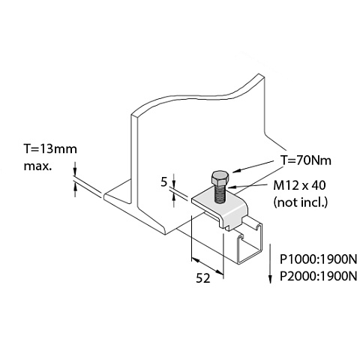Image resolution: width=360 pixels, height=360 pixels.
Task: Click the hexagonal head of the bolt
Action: (220, 178)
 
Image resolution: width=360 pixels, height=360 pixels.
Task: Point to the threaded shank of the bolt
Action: (220, 194)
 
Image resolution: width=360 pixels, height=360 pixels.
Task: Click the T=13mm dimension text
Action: (50, 149)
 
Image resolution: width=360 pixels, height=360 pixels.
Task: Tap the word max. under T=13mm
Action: (37, 166)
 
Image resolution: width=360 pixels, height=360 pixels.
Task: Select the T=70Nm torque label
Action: (306, 160)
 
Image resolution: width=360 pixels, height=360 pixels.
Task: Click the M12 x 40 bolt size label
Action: (299, 185)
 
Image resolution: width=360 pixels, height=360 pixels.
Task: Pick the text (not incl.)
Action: (301, 202)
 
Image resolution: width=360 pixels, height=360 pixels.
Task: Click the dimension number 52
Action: (203, 278)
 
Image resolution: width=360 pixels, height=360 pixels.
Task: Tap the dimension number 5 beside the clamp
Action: (163, 182)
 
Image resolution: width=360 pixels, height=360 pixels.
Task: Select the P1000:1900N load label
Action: (318, 260)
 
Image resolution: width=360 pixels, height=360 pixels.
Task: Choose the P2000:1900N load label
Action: (318, 277)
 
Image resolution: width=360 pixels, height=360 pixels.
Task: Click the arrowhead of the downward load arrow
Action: (270, 279)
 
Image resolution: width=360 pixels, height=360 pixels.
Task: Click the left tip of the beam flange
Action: (104, 196)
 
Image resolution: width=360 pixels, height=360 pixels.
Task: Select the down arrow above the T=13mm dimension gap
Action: (74, 169)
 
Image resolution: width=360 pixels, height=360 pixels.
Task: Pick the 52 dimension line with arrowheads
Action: (207, 266)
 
